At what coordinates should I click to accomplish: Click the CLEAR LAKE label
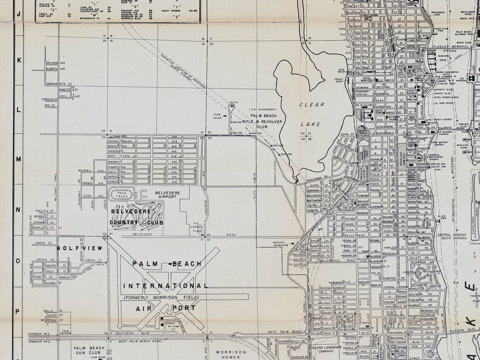click(312, 114)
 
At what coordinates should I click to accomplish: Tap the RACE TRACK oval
click(122, 195)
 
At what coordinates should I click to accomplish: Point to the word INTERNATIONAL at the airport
click(165, 286)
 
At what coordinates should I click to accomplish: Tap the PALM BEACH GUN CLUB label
click(89, 351)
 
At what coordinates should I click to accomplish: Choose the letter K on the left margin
click(19, 60)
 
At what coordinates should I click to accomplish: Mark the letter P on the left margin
click(18, 312)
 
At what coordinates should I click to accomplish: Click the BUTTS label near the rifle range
click(234, 102)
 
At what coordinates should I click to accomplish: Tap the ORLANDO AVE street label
click(56, 63)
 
